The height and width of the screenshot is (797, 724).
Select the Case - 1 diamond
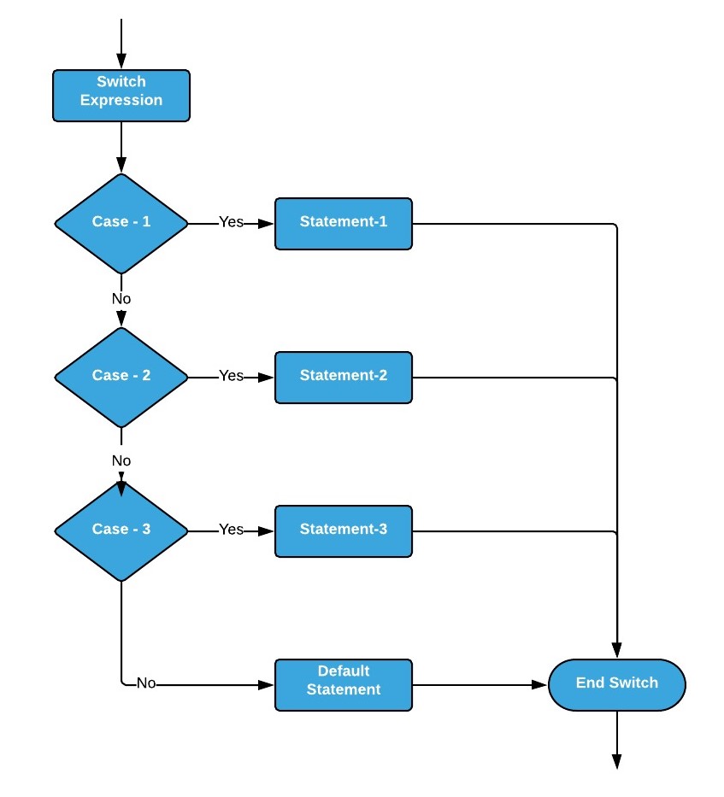coord(121,222)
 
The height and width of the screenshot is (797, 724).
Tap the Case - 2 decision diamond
coord(121,376)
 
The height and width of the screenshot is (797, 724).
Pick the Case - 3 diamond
coord(121,530)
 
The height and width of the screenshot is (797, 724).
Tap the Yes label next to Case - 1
coord(231,222)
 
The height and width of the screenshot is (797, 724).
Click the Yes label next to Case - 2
coord(231,376)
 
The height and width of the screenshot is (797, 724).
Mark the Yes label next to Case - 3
coord(231,530)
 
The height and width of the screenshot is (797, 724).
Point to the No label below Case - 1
coord(121,299)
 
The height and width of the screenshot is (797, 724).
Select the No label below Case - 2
coord(121,461)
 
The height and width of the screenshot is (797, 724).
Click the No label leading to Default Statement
coord(146,684)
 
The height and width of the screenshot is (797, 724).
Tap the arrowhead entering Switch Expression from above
coord(121,62)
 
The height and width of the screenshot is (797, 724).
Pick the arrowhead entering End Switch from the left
coord(539,684)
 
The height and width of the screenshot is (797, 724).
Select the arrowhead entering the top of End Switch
coord(616,650)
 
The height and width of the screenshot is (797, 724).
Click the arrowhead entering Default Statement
coord(267,684)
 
